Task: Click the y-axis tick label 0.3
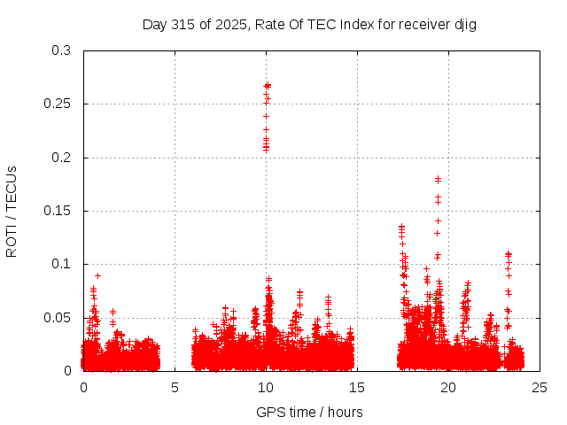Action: (60, 50)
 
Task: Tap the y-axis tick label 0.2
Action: (60, 158)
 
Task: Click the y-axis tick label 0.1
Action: (60, 264)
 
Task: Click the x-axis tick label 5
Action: (175, 387)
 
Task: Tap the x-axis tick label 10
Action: (266, 387)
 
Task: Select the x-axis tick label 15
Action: (357, 387)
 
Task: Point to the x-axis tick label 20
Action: (448, 387)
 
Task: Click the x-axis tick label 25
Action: (540, 387)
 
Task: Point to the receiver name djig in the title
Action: (466, 24)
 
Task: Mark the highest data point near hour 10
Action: (267, 85)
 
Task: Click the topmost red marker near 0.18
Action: (438, 179)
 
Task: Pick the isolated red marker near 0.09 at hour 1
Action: (97, 275)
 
